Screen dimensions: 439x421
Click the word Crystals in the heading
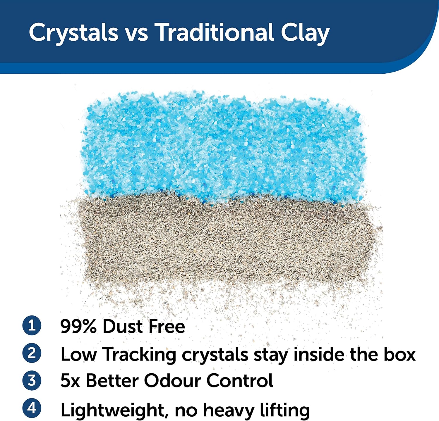point(73,33)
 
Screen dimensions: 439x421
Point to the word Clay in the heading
point(306,34)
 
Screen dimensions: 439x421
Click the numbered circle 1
point(32,325)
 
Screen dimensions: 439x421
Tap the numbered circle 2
point(32,353)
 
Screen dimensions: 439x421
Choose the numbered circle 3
point(32,380)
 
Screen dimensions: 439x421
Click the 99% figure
point(79,326)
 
